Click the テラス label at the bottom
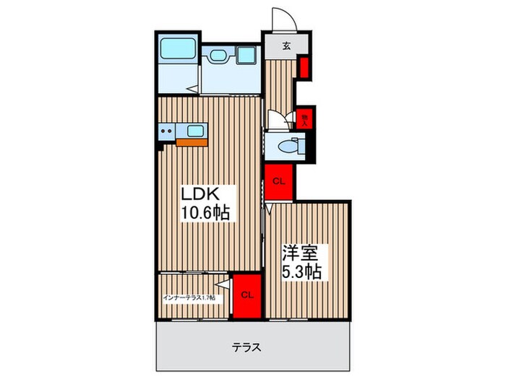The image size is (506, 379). click(x=247, y=347)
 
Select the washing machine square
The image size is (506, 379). click(x=246, y=57)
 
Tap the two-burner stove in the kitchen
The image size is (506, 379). click(x=168, y=131)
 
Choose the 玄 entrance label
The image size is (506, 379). click(x=286, y=46)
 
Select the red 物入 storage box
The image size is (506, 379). click(x=305, y=118)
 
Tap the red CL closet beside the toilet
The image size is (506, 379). click(x=278, y=181)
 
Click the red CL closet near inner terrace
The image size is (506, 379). click(x=246, y=295)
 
